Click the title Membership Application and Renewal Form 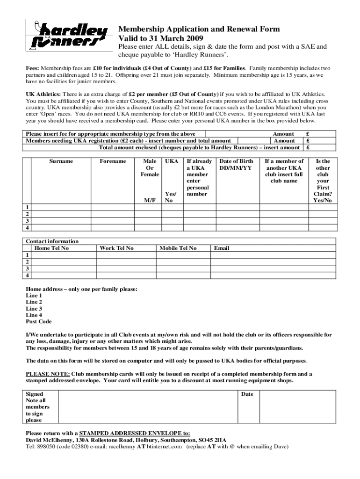(199, 29)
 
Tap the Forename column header (113, 161)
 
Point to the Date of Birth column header (236, 164)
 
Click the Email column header (222, 248)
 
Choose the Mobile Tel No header (178, 248)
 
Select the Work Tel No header (116, 248)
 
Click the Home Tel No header (52, 248)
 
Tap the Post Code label (39, 322)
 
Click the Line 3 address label (34, 309)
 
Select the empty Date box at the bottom (297, 407)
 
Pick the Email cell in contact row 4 (273, 276)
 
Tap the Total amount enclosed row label (199, 147)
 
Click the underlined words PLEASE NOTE (48, 374)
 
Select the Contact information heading (52, 241)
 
